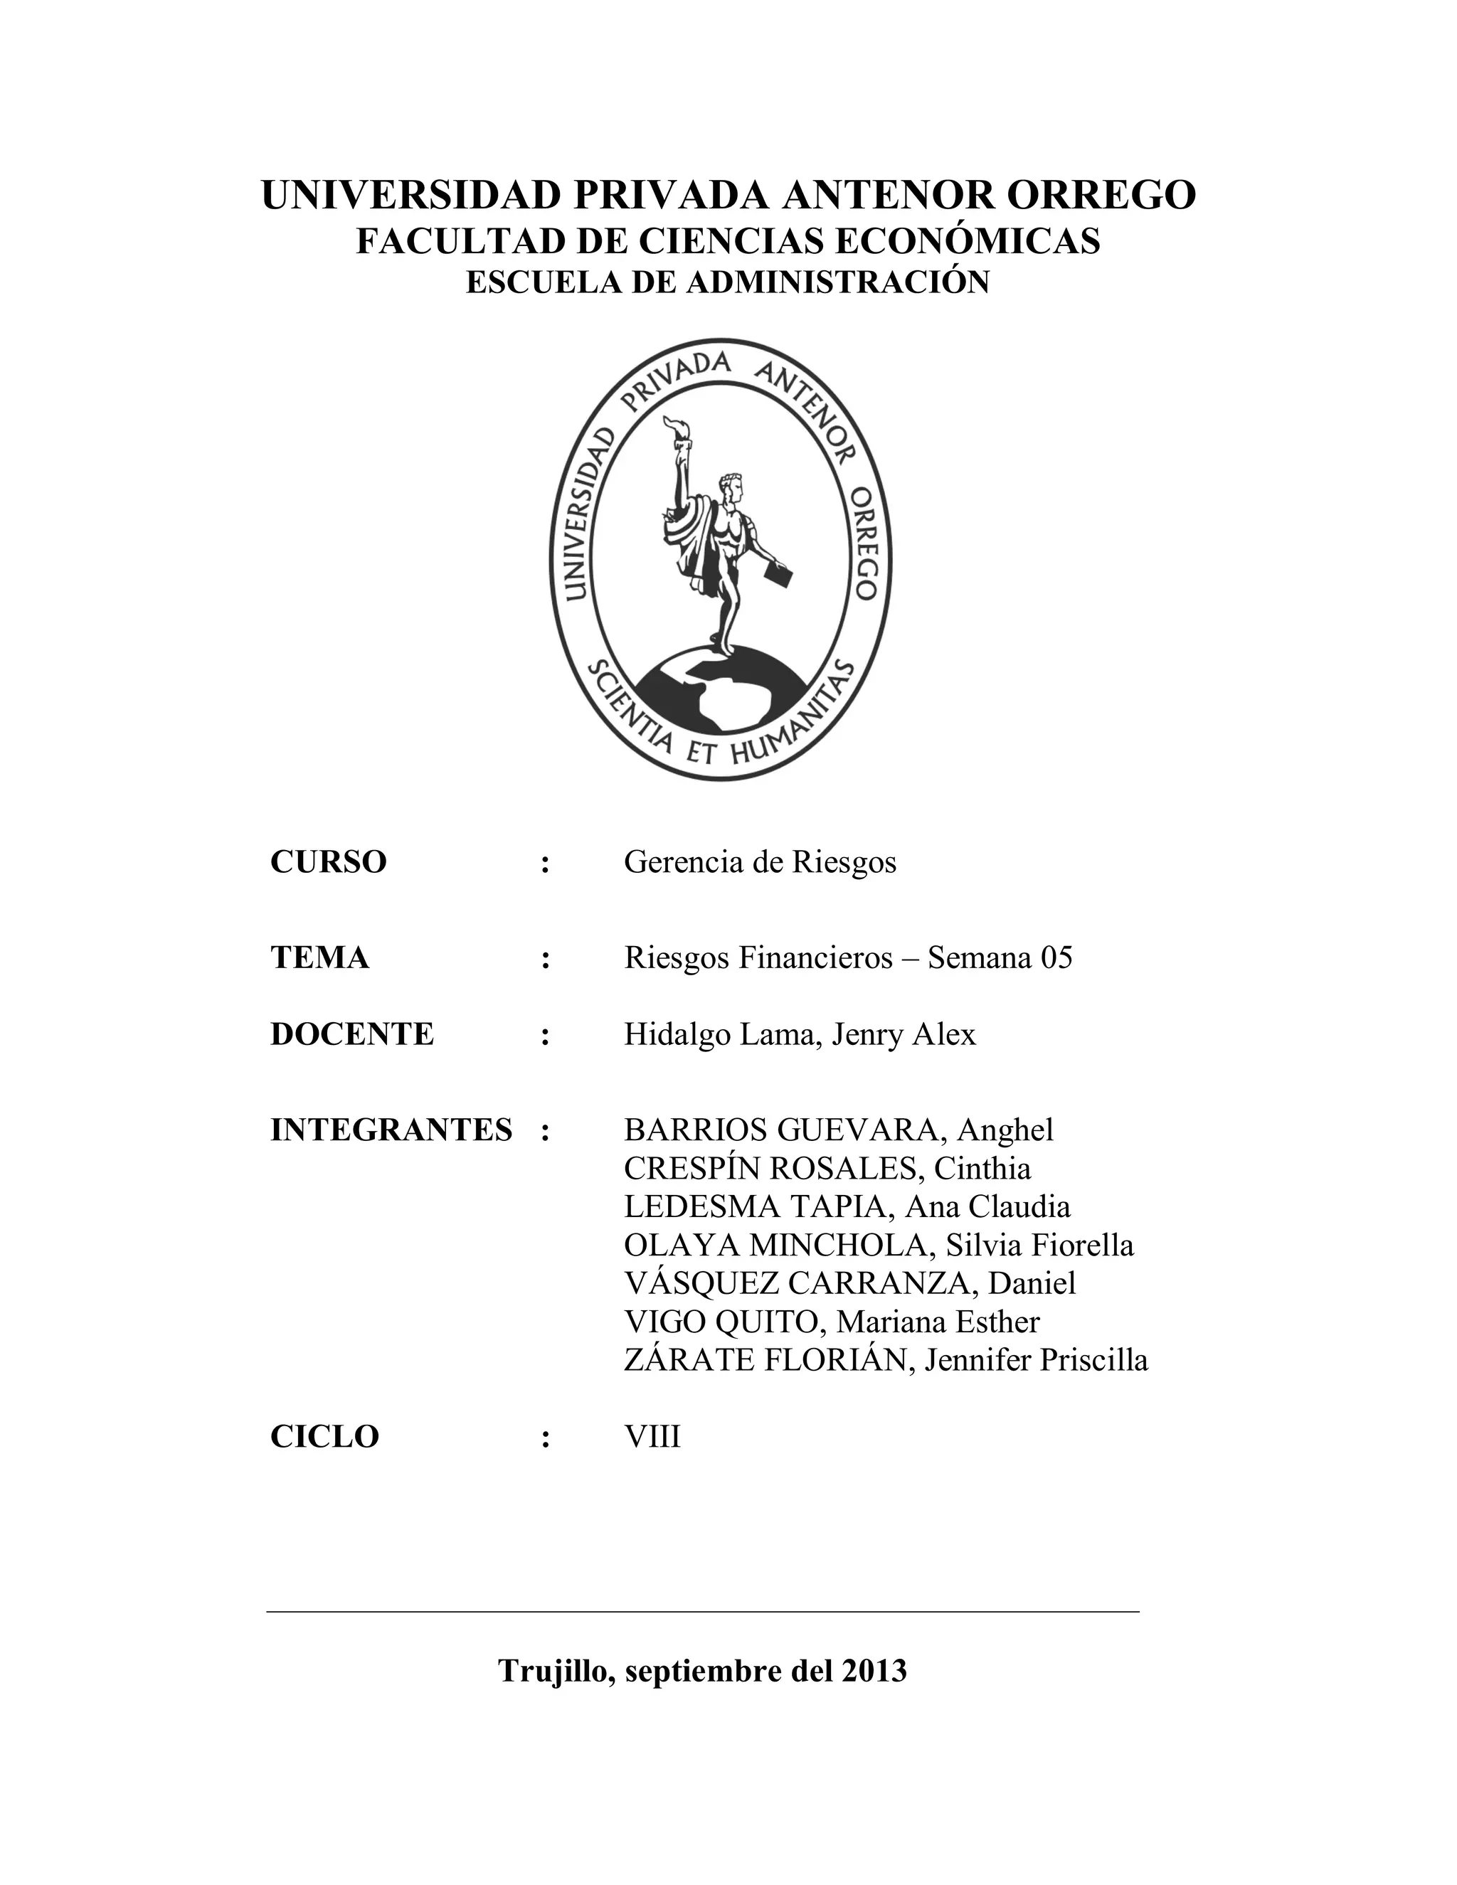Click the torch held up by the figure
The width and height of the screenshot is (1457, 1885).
[x=675, y=432]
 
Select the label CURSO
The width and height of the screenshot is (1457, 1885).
[x=328, y=861]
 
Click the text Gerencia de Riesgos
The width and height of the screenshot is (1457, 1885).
[x=760, y=861]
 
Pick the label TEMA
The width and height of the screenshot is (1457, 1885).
[x=319, y=957]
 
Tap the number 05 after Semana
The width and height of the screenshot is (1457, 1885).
[x=1056, y=957]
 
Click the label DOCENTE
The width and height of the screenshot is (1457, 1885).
[x=351, y=1034]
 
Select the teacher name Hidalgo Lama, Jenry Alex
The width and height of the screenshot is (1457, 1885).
[x=799, y=1034]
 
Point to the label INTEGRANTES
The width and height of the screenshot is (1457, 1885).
[x=391, y=1130]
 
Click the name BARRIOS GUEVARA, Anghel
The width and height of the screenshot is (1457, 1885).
[x=838, y=1130]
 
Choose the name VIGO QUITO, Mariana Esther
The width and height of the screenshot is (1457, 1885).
[x=831, y=1322]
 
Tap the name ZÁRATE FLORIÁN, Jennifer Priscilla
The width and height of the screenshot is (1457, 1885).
[x=886, y=1360]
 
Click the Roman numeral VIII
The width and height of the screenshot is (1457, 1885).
[x=652, y=1437]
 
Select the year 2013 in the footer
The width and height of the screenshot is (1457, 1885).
[x=874, y=1671]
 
